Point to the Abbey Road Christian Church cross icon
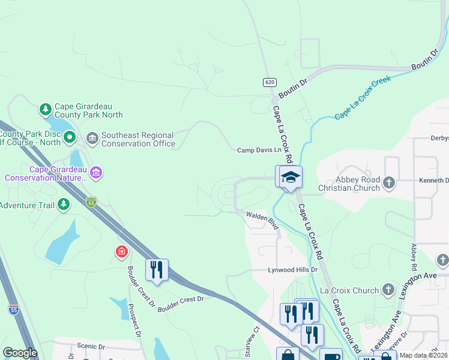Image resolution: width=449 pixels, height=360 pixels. click(389, 182)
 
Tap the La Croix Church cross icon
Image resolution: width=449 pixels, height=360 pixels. click(388, 290)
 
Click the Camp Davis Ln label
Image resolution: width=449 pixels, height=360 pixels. click(259, 150)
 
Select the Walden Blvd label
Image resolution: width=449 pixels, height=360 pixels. click(262, 220)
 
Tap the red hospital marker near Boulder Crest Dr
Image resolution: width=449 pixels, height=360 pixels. click(122, 252)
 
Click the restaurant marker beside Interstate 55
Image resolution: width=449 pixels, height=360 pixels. click(157, 269)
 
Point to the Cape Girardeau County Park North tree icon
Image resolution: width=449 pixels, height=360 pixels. click(45, 109)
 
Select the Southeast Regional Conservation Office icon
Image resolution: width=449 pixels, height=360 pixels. click(92, 139)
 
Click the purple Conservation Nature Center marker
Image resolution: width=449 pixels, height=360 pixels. click(96, 173)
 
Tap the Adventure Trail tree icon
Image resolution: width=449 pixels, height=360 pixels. click(63, 205)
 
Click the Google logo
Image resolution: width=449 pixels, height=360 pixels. click(20, 353)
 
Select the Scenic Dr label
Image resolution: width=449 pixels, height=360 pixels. click(91, 346)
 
